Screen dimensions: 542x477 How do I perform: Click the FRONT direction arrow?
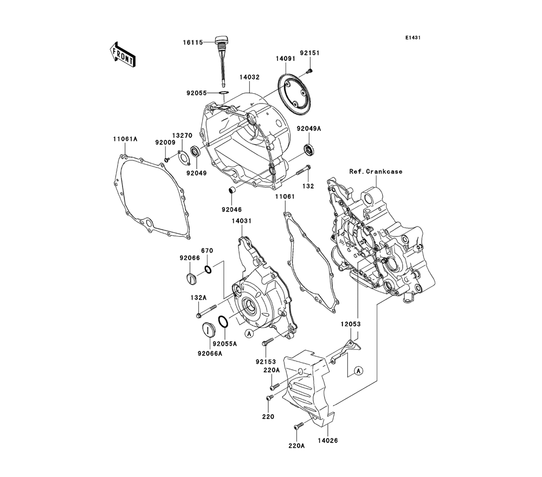122,55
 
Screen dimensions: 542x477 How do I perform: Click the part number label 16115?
193,42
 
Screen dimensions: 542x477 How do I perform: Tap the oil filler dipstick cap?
220,40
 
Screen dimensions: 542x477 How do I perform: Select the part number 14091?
286,59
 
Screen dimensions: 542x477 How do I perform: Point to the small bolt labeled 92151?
309,72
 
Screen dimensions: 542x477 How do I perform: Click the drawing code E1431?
413,38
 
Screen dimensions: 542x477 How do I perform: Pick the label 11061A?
125,139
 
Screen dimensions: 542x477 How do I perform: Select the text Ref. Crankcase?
376,171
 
